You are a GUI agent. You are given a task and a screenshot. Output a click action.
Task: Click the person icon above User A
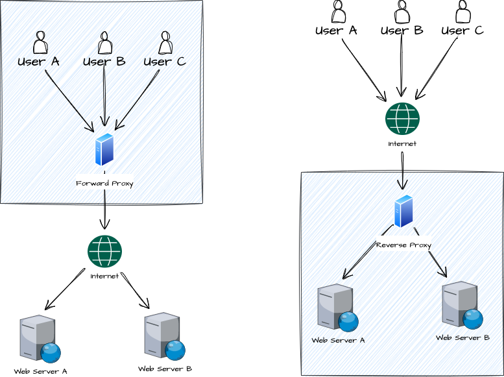(x=40, y=43)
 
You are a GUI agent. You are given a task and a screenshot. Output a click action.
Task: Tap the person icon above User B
(x=104, y=43)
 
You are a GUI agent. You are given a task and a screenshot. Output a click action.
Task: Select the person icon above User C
(x=165, y=43)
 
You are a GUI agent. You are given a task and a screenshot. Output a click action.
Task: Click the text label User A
(x=38, y=62)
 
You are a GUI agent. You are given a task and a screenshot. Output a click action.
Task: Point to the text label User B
(x=104, y=62)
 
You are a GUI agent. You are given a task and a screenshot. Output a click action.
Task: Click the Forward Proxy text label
(x=104, y=184)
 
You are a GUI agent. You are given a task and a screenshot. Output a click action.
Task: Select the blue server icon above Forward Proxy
(x=104, y=149)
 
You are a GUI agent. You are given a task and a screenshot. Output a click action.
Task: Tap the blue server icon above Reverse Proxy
(x=403, y=211)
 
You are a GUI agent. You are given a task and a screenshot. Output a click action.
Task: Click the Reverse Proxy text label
(x=403, y=245)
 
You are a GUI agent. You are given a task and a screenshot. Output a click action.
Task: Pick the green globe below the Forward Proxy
(x=104, y=251)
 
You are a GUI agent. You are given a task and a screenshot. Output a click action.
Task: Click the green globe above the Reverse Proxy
(x=402, y=119)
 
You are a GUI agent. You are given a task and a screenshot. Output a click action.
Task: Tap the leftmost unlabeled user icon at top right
(x=337, y=13)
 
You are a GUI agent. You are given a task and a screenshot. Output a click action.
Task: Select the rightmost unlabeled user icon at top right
(x=462, y=13)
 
